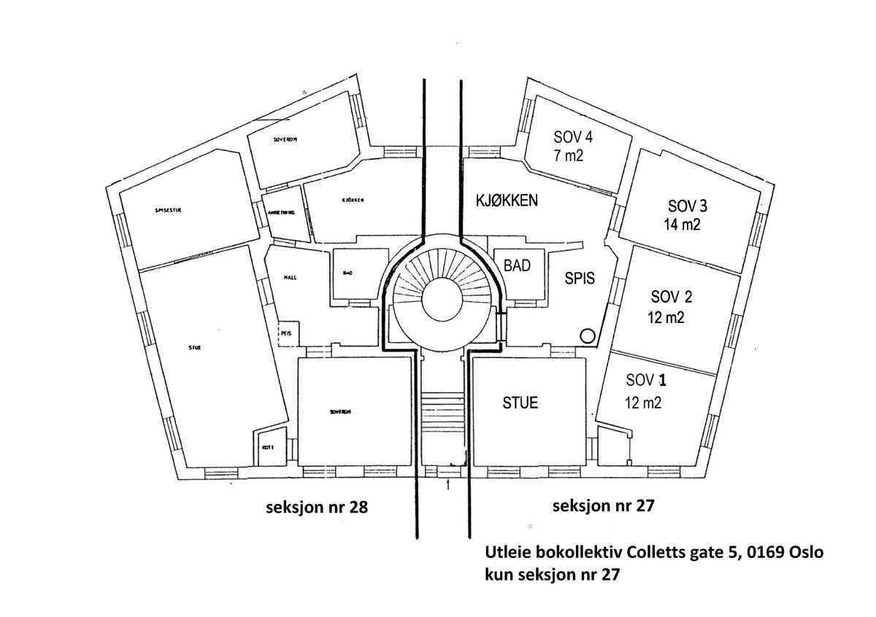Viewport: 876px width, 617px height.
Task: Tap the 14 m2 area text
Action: point(681,224)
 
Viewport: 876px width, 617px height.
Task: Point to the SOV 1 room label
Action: point(647,381)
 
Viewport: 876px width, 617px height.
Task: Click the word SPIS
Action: point(581,278)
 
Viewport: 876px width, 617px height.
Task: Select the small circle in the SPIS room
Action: point(587,335)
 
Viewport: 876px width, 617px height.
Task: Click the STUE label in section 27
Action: point(520,403)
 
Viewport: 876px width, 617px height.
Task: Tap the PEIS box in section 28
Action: point(286,333)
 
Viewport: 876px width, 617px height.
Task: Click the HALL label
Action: point(289,278)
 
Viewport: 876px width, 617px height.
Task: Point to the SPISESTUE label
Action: point(168,209)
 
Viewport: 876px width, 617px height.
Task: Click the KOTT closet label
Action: point(266,447)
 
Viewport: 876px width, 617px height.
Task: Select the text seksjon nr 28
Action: point(315,508)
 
